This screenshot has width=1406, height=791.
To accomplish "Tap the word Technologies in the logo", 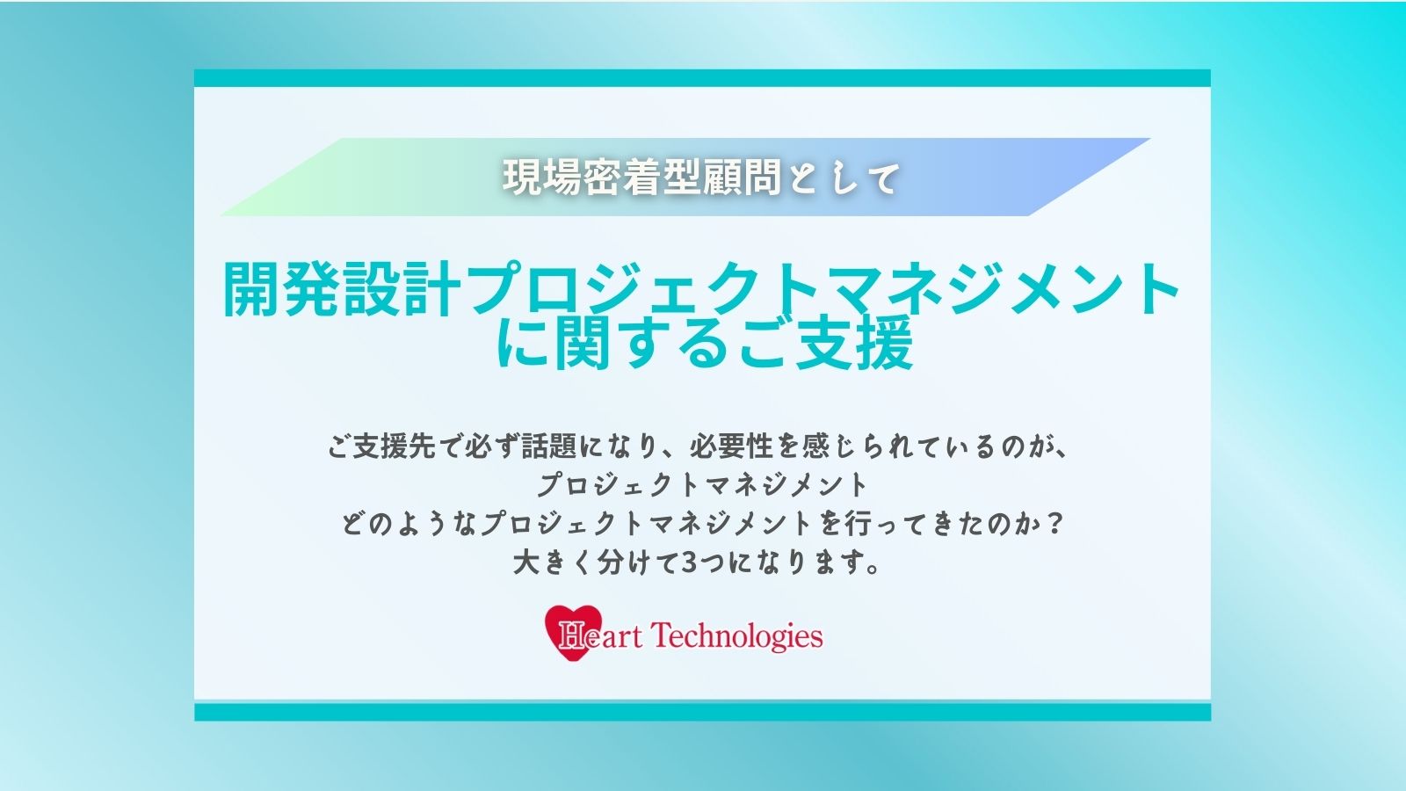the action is (736, 637).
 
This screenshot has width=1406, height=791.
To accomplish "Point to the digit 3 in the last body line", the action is (689, 562).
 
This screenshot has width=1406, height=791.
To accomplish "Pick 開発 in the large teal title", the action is (282, 289).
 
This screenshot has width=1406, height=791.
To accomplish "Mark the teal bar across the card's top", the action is (702, 78).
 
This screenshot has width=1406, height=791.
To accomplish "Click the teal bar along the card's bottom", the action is (702, 712).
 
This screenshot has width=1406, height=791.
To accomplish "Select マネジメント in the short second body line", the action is (786, 484).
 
